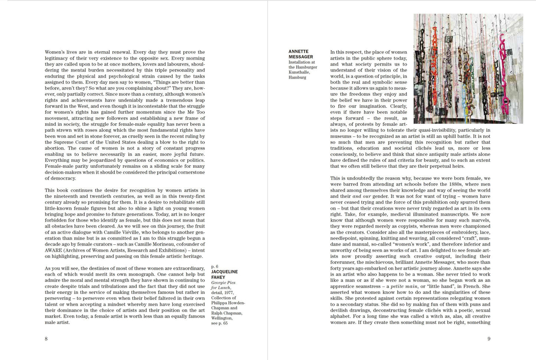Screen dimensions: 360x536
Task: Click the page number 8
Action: point(46,338)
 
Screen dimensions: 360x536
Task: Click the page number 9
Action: point(489,338)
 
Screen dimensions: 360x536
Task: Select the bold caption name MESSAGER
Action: point(300,57)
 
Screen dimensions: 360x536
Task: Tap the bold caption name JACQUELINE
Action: point(224,272)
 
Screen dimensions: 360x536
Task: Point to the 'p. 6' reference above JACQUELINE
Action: point(215,266)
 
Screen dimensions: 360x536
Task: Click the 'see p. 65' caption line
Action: point(219,323)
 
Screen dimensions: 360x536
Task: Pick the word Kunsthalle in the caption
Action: point(299,72)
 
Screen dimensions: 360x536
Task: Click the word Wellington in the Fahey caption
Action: point(221,318)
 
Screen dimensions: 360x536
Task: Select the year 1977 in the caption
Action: point(228,292)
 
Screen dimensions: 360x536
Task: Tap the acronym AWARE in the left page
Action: point(53,250)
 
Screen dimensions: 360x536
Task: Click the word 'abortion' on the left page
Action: point(55,148)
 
